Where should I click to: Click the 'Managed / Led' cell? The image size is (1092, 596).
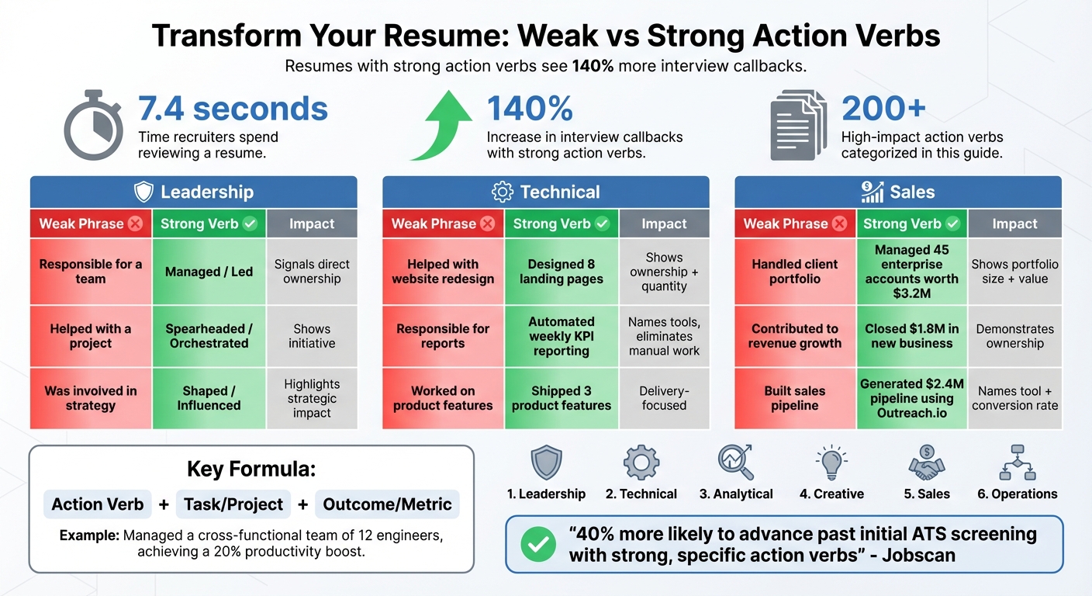point(209,272)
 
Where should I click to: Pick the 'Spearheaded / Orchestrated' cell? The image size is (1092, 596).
point(209,336)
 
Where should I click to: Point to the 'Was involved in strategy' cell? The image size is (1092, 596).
point(91,398)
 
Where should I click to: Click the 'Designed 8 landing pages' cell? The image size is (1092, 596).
point(561,272)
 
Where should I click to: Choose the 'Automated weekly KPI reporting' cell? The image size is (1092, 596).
point(561,336)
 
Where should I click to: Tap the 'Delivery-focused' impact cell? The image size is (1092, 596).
point(664,398)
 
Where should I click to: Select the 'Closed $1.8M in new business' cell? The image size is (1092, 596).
point(911,336)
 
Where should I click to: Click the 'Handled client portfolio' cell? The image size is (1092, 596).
point(794,272)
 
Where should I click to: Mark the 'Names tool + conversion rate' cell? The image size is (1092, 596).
point(1014,398)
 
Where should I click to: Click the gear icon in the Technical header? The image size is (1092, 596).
point(503,192)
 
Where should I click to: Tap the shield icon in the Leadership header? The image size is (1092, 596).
point(143,192)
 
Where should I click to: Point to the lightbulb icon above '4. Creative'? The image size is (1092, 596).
point(831,463)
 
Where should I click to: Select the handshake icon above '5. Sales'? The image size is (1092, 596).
point(926,463)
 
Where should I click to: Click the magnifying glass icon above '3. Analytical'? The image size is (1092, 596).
point(735,463)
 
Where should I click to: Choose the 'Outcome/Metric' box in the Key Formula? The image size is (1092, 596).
point(387,504)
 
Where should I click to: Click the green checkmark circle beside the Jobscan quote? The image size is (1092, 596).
point(538,544)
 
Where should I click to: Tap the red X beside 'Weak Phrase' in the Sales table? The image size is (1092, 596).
point(839,224)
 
